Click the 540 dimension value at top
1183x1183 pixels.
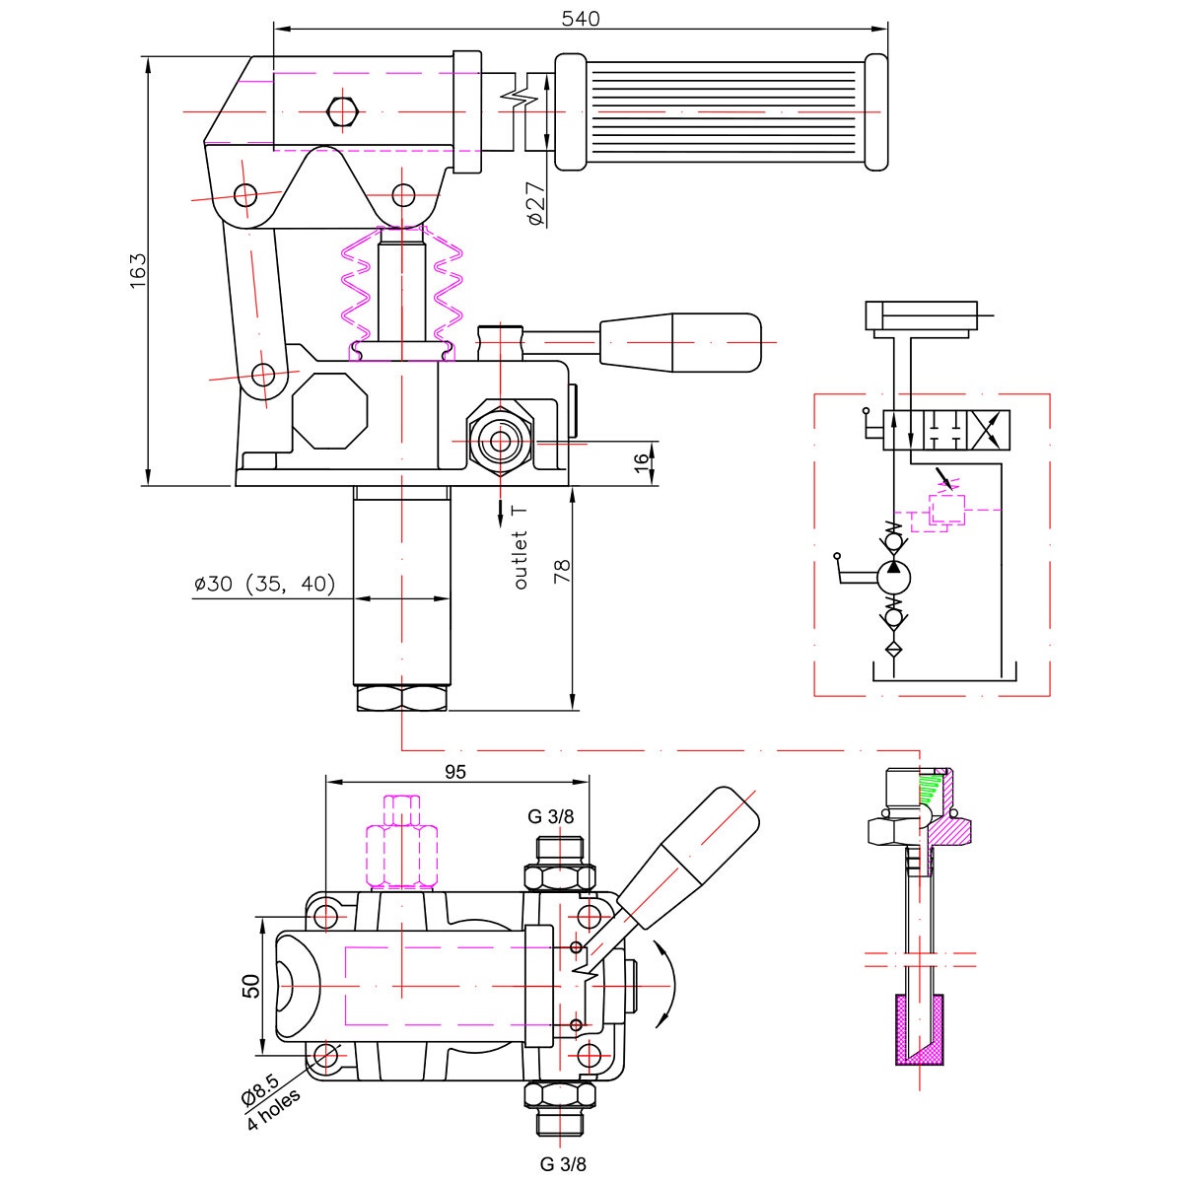[x=580, y=18]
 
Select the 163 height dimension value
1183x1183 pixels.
[x=137, y=271]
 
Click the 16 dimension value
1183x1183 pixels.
[x=641, y=463]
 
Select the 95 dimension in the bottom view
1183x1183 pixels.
[x=454, y=771]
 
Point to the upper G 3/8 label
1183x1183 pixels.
[x=549, y=816]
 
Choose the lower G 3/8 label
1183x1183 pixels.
[x=563, y=1164]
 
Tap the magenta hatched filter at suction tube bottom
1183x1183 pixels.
[x=919, y=1030]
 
